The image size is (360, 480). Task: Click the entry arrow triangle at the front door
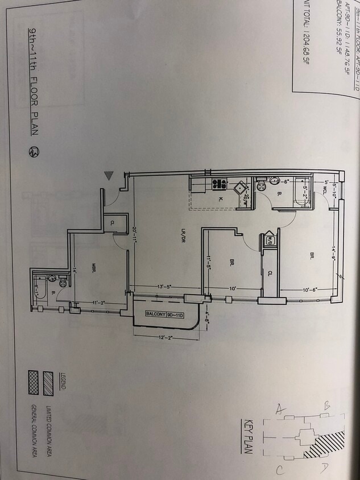109,176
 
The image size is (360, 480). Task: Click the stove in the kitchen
219,184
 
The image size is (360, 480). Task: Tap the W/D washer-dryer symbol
270,240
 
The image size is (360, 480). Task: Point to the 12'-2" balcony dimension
166,338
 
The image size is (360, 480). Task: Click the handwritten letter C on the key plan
279,470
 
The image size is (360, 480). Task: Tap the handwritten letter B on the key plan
327,406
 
